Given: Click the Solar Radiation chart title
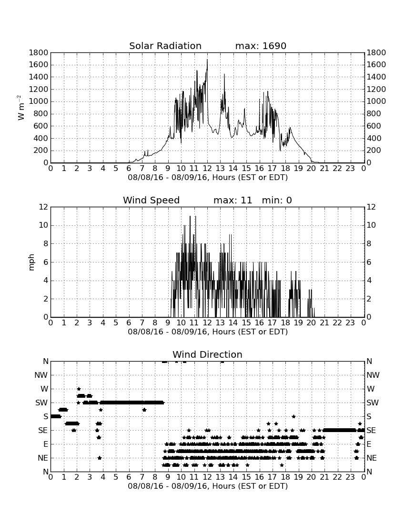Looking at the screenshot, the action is pyautogui.click(x=165, y=46).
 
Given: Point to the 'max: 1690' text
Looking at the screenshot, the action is pyautogui.click(x=261, y=46).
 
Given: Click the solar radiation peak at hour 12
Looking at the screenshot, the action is pyautogui.click(x=207, y=60).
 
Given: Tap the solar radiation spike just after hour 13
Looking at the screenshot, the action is pyautogui.click(x=224, y=75).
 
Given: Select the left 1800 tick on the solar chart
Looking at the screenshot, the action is pyautogui.click(x=39, y=52).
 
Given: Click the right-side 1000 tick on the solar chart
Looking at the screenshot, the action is pyautogui.click(x=376, y=101).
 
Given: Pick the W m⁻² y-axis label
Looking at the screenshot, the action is pyautogui.click(x=20, y=108).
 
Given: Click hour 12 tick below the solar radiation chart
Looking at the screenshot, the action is pyautogui.click(x=207, y=168).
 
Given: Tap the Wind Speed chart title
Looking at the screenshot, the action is pyautogui.click(x=151, y=200).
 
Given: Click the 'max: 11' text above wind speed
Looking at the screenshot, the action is pyautogui.click(x=233, y=200).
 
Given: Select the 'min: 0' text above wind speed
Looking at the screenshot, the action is pyautogui.click(x=277, y=200).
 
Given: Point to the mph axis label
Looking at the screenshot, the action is pyautogui.click(x=31, y=262).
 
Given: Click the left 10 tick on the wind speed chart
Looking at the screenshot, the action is pyautogui.click(x=44, y=225).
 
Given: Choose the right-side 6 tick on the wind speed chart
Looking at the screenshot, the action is pyautogui.click(x=369, y=262).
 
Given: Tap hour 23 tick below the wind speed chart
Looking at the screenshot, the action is pyautogui.click(x=350, y=322).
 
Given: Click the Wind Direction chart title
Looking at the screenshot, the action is pyautogui.click(x=207, y=354).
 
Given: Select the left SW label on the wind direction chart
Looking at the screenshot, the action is pyautogui.click(x=41, y=403).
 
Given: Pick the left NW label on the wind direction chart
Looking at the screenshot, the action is pyautogui.click(x=41, y=375).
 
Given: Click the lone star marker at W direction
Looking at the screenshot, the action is pyautogui.click(x=79, y=389).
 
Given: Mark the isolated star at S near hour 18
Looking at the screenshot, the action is pyautogui.click(x=294, y=416).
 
